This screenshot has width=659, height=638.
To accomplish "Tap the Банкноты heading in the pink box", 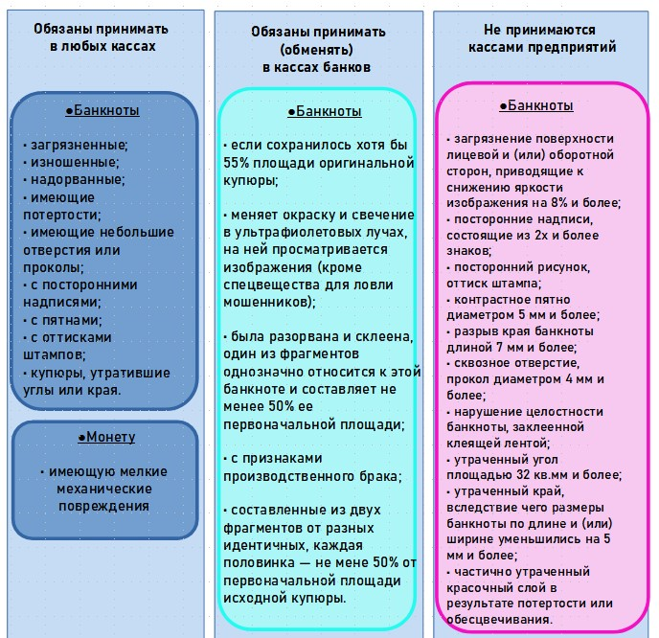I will point(539,105).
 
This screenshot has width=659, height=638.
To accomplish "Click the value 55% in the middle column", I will point(237,163).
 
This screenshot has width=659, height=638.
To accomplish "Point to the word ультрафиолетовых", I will point(302,233).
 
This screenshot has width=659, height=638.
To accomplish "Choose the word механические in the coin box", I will point(103,489).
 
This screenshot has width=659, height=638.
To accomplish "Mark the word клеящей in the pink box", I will point(477,443).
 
